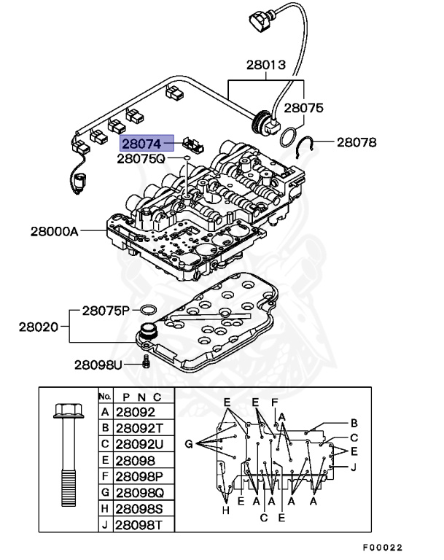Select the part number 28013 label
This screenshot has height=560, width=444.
tap(265, 66)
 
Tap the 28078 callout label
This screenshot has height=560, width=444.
tap(357, 142)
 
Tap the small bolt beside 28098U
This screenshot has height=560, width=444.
tap(146, 362)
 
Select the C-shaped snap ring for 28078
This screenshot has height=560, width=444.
tap(309, 148)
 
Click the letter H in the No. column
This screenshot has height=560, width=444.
tap(105, 508)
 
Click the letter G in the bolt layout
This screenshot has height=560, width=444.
tap(188, 443)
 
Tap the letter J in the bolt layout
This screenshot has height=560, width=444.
tap(354, 467)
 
